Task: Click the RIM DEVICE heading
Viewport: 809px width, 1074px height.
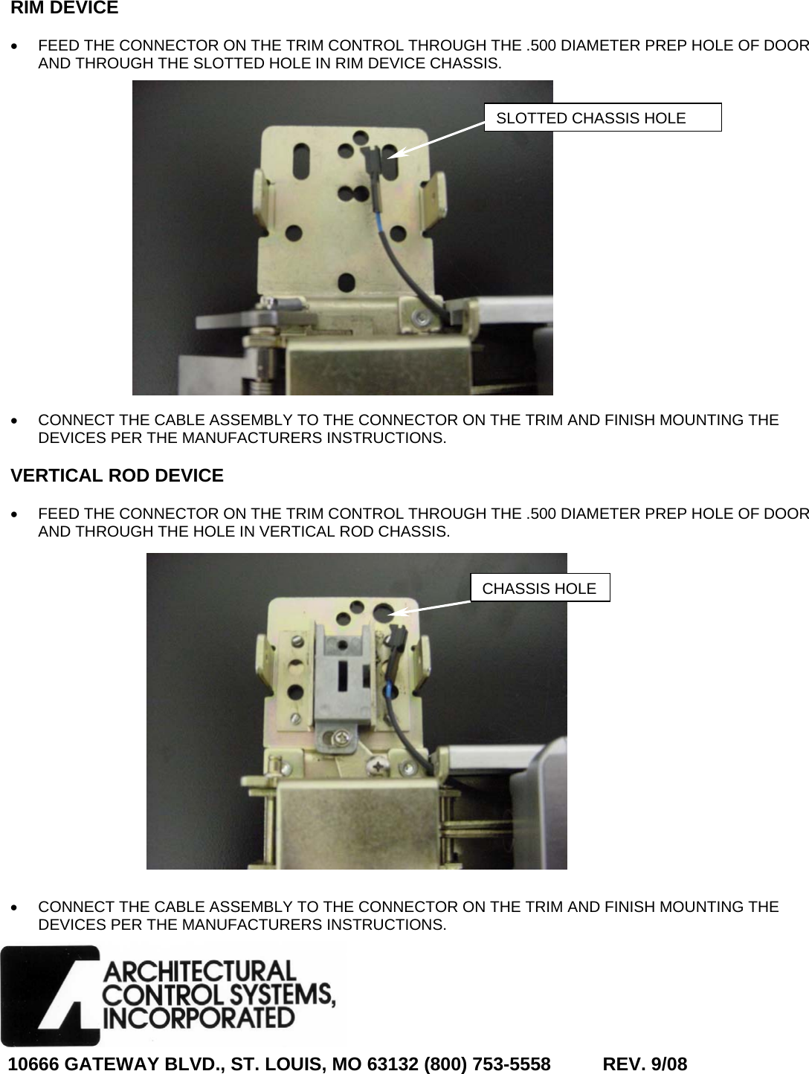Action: click(65, 9)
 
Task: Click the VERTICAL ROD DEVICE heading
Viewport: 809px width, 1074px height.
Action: click(117, 476)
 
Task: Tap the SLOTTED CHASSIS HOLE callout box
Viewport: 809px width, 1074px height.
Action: click(602, 117)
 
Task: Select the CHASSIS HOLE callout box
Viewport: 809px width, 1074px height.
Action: click(540, 588)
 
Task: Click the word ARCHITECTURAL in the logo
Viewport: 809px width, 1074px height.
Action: click(199, 971)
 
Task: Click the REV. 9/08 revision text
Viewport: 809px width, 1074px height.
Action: click(644, 1064)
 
